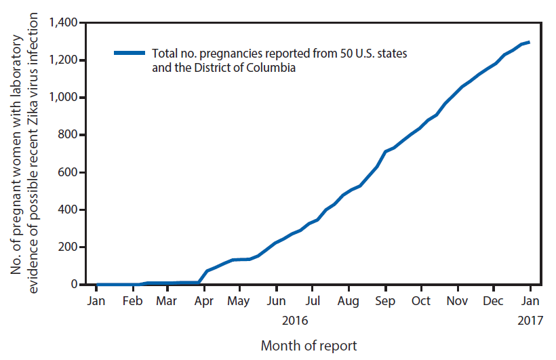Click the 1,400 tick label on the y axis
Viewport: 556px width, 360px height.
[65, 23]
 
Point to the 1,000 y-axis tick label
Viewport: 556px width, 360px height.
[65, 98]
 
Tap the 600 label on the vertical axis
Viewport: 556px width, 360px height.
[70, 172]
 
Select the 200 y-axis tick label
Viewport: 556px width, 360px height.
[70, 247]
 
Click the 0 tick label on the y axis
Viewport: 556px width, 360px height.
[77, 284]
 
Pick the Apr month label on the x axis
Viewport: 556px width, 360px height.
[203, 300]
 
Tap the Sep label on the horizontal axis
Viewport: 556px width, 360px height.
[385, 300]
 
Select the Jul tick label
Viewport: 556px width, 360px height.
[312, 300]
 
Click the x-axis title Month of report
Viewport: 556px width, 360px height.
[309, 345]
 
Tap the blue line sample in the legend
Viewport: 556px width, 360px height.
[129, 52]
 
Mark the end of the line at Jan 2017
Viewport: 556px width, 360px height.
[530, 42]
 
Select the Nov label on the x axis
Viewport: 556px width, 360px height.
[458, 300]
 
